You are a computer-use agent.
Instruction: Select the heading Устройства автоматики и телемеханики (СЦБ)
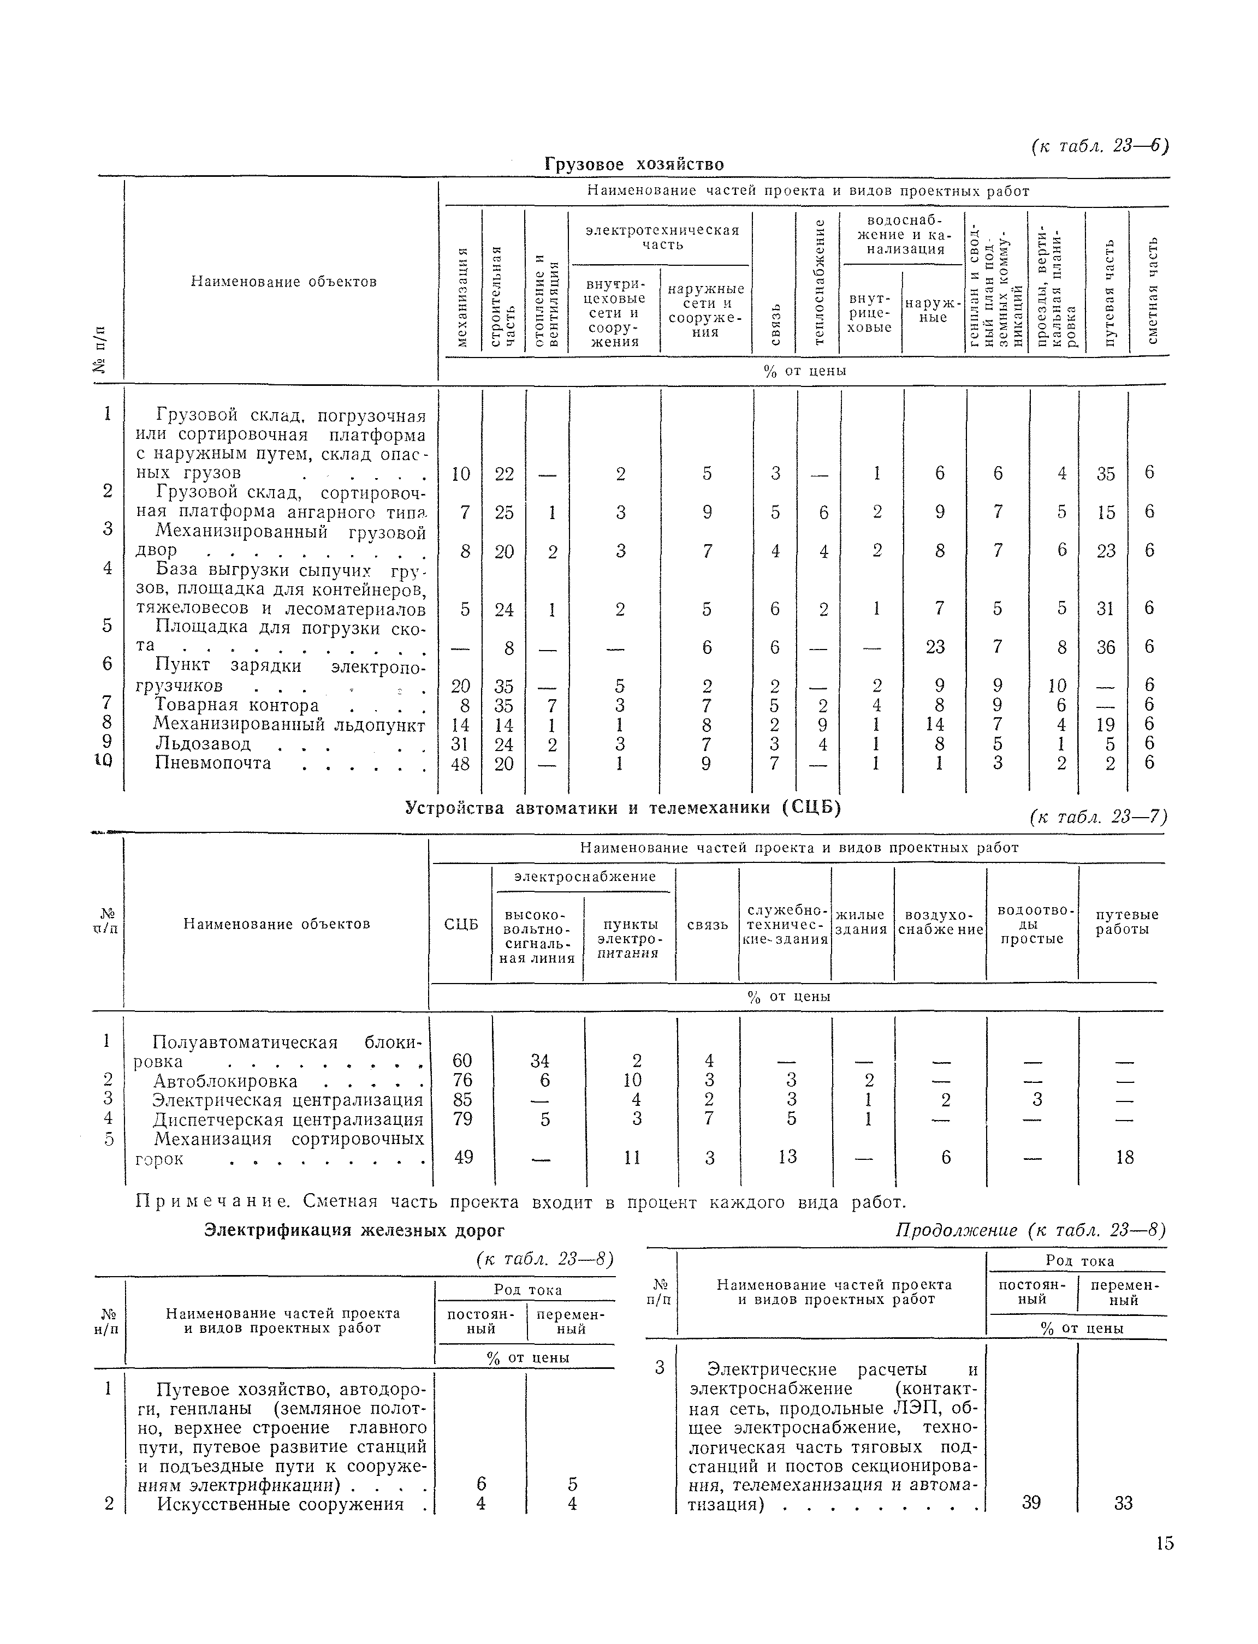click(x=623, y=808)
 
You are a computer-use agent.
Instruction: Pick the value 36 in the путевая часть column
click(x=1105, y=647)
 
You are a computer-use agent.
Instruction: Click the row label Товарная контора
click(x=236, y=705)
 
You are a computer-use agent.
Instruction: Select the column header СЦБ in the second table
click(x=460, y=925)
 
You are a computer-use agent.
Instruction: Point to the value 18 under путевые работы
click(x=1124, y=1157)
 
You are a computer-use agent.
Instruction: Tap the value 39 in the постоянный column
click(x=1031, y=1503)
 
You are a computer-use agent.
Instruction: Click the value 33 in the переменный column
click(x=1123, y=1503)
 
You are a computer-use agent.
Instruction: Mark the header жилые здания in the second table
click(x=861, y=922)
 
